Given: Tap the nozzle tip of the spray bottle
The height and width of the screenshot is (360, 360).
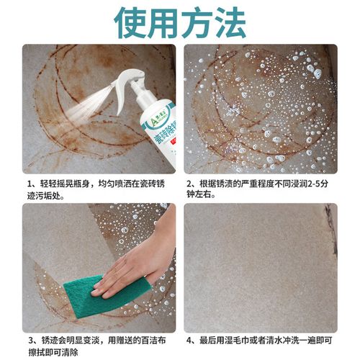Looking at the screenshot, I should pyautogui.click(x=115, y=84).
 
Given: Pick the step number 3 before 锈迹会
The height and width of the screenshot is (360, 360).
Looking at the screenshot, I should pyautogui.click(x=30, y=340).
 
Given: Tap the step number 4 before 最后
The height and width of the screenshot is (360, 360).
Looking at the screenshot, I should pyautogui.click(x=189, y=340).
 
